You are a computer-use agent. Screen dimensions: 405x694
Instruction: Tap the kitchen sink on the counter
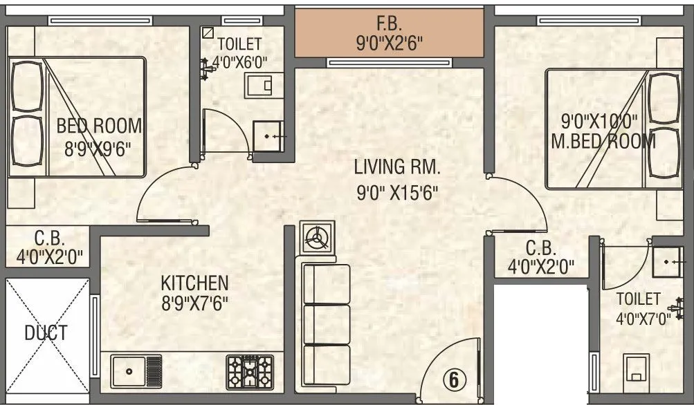[136, 371]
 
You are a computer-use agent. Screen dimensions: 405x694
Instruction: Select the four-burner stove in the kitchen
[250, 372]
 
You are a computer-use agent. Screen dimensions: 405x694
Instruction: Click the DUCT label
[46, 333]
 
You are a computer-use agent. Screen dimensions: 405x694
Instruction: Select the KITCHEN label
[194, 283]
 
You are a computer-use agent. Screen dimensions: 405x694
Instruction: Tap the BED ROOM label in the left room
[99, 126]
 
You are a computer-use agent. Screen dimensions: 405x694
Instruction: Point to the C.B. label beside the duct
[50, 239]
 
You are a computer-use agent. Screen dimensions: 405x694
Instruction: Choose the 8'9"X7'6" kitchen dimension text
[194, 303]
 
